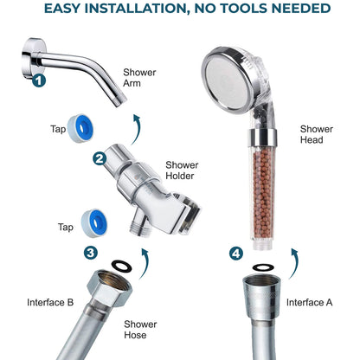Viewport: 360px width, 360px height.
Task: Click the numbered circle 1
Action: click(39, 80)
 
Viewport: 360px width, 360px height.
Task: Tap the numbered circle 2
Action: click(100, 158)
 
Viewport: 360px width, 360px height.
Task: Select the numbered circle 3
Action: click(91, 253)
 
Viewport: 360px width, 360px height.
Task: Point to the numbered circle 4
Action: click(236, 254)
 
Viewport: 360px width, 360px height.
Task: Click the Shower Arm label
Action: click(139, 78)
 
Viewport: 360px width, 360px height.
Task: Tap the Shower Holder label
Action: click(182, 170)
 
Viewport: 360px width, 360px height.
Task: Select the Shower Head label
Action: click(317, 134)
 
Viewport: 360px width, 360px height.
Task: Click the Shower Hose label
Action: click(140, 330)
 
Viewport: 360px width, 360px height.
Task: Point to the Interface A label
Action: click(309, 302)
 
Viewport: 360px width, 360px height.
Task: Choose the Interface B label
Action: click(50, 302)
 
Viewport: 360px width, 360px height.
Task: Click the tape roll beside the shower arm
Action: click(80, 128)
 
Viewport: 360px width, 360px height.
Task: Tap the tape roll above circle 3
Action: click(94, 223)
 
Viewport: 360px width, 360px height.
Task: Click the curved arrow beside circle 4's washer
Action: click(294, 262)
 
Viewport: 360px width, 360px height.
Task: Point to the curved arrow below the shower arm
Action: click(138, 128)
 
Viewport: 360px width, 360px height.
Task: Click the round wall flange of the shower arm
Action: click(33, 58)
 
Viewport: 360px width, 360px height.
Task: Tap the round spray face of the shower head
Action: click(228, 80)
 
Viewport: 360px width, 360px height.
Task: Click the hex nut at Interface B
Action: click(110, 287)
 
